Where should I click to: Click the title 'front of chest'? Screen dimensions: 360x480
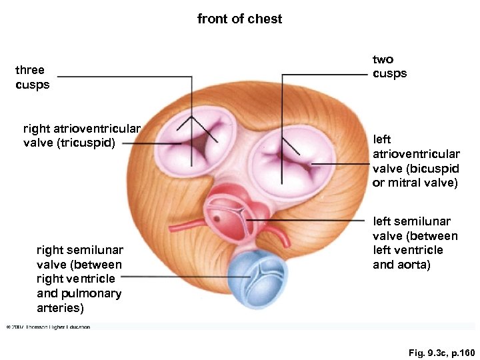[239, 19]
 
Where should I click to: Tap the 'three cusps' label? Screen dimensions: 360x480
[32, 77]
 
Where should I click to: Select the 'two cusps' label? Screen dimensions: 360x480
[389, 67]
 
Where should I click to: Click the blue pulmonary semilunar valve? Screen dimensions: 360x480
[252, 275]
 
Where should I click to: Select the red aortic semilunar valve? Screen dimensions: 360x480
[231, 219]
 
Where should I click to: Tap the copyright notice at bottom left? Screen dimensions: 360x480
[48, 327]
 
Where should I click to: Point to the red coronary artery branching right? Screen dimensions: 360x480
[281, 236]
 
